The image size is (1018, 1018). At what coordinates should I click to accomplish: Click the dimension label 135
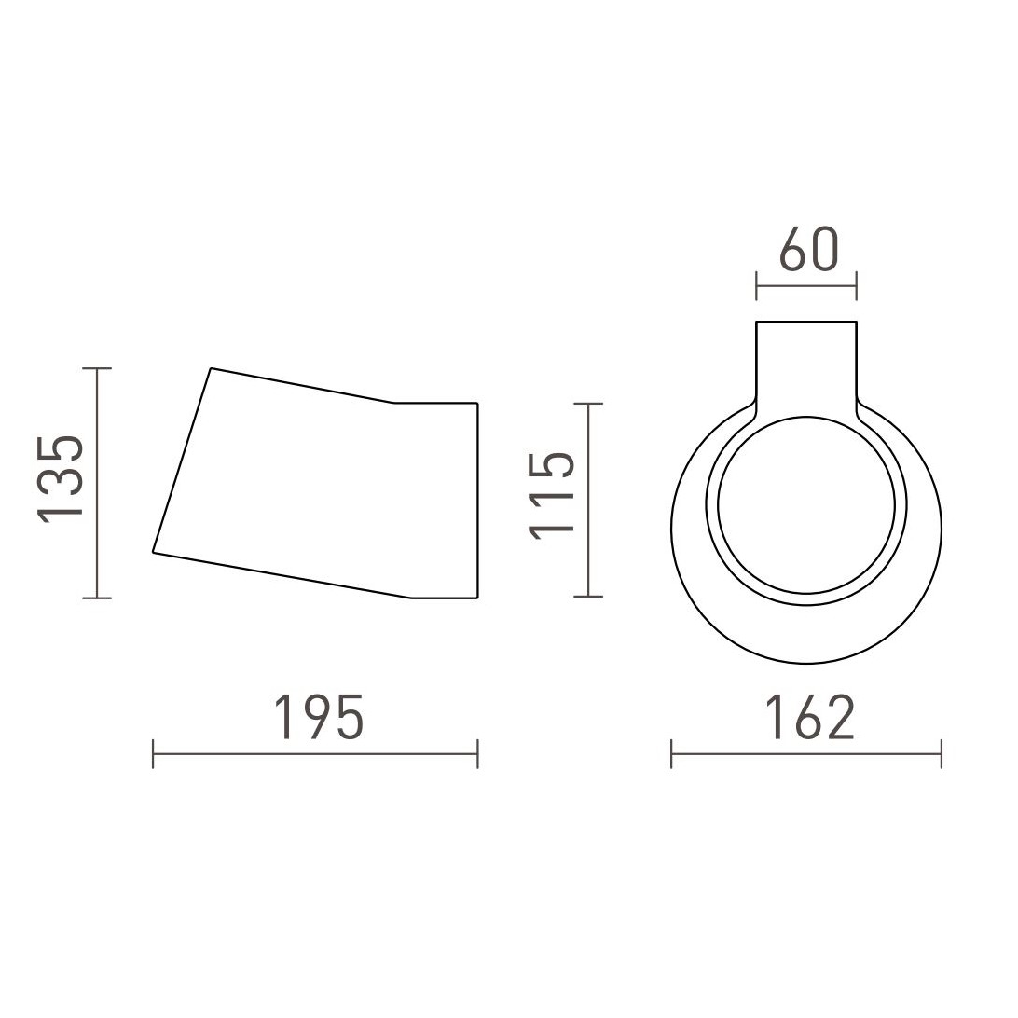(61, 480)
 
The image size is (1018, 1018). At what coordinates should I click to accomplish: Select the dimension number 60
(809, 249)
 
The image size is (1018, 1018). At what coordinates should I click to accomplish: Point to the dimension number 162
(809, 718)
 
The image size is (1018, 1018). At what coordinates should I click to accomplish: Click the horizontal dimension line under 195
(315, 754)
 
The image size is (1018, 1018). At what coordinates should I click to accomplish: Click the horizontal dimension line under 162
(806, 754)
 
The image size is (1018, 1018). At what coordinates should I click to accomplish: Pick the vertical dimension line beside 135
(97, 483)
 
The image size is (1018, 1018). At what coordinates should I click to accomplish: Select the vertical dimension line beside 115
(588, 500)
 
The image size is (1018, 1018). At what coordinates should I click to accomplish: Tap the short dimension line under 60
(806, 285)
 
